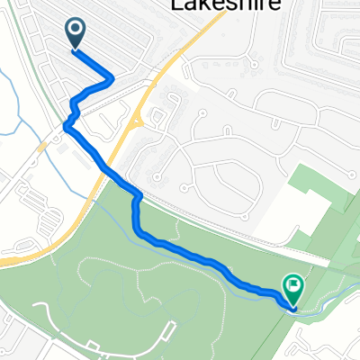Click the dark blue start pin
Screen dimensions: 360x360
click(76, 34)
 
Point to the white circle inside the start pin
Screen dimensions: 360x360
click(76, 31)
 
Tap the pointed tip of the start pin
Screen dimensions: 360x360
click(76, 49)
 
